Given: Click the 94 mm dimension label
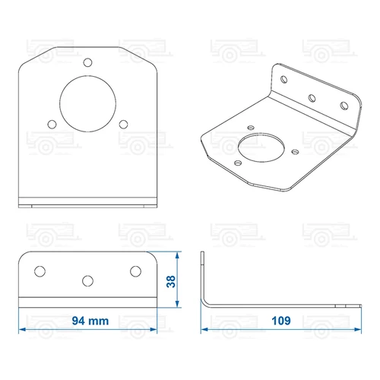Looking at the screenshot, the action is (90, 321).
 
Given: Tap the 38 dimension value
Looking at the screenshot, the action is (171, 281).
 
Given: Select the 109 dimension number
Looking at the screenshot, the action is (281, 321).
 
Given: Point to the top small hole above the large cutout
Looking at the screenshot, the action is (87, 62).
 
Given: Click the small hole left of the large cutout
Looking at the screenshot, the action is (52, 125).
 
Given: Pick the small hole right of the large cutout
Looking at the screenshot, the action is (123, 125).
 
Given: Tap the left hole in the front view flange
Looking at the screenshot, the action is (40, 271).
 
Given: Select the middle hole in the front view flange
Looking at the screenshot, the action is (87, 281).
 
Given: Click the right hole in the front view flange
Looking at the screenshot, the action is (135, 271).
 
